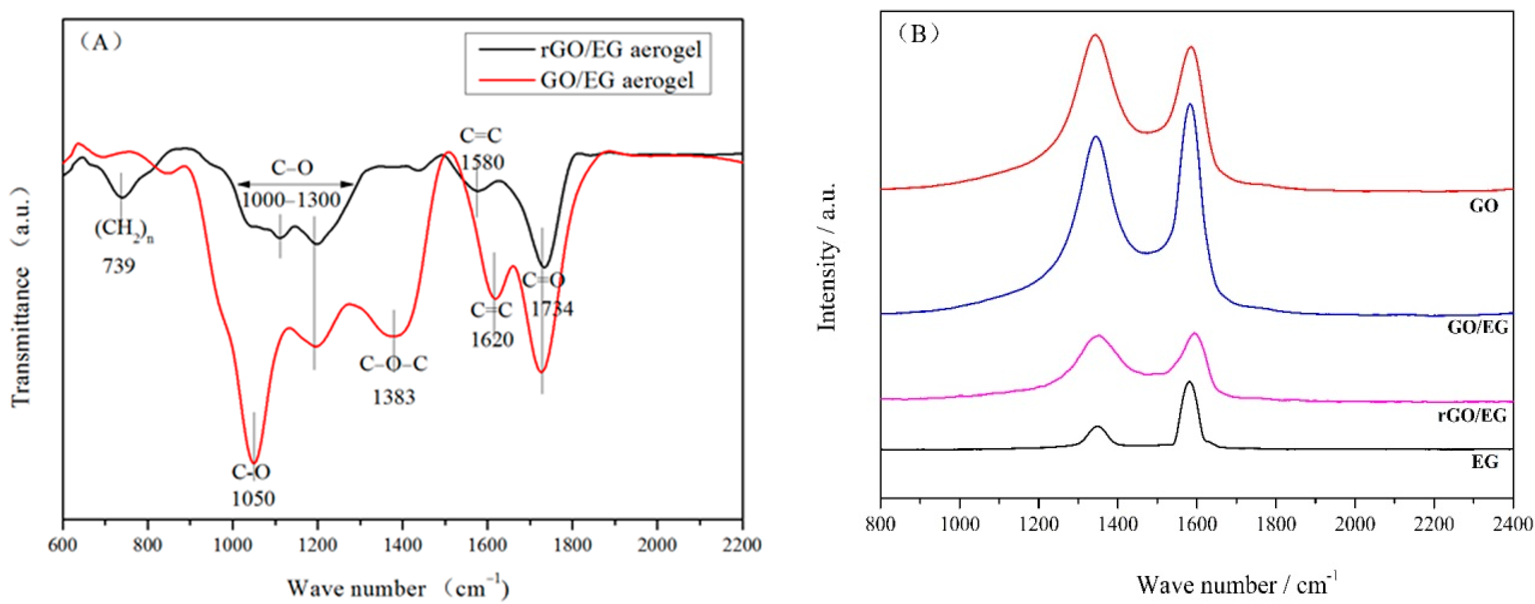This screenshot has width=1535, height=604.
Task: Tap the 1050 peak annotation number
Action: click(x=253, y=498)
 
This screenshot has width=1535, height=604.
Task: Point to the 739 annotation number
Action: click(x=119, y=266)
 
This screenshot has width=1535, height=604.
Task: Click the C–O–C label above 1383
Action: click(x=393, y=363)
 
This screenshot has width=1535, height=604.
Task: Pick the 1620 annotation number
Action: click(x=492, y=340)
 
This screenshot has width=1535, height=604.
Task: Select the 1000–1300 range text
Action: click(x=291, y=200)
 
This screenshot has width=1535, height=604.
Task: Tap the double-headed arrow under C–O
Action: click(x=296, y=184)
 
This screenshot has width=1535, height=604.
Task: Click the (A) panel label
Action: click(x=101, y=42)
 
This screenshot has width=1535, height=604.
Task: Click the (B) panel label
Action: click(x=918, y=34)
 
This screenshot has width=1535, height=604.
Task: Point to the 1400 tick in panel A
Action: click(x=403, y=544)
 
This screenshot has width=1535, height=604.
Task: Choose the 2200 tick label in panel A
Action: click(x=741, y=544)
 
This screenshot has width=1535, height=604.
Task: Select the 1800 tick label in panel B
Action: click(x=1276, y=524)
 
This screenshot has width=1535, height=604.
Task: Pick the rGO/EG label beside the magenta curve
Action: click(x=1472, y=415)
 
